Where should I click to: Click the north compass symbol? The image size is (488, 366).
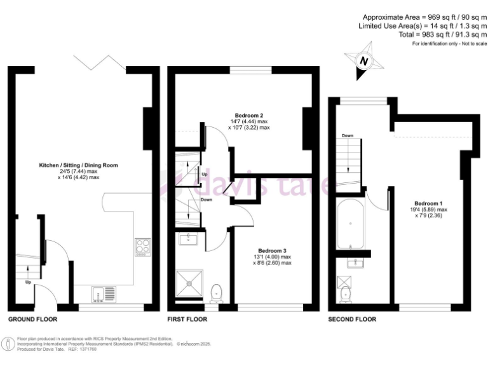pyautogui.click(x=364, y=60)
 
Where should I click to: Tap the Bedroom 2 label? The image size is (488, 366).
pyautogui.click(x=248, y=115)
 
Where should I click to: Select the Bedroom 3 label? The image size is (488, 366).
pyautogui.click(x=272, y=250)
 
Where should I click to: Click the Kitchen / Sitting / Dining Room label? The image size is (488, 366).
pyautogui.click(x=78, y=165)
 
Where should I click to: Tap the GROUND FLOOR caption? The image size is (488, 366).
pyautogui.click(x=32, y=319)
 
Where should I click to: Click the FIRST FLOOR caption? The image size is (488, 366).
pyautogui.click(x=187, y=319)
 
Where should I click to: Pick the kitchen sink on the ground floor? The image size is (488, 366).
pyautogui.click(x=103, y=294)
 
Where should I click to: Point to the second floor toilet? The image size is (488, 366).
pyautogui.click(x=346, y=294)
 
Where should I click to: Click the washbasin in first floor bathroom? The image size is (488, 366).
pyautogui.click(x=189, y=239)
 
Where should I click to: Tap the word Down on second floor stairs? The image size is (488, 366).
pyautogui.click(x=347, y=136)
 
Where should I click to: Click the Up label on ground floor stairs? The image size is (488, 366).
pyautogui.click(x=28, y=282)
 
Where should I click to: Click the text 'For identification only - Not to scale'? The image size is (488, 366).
pyautogui.click(x=449, y=44)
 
